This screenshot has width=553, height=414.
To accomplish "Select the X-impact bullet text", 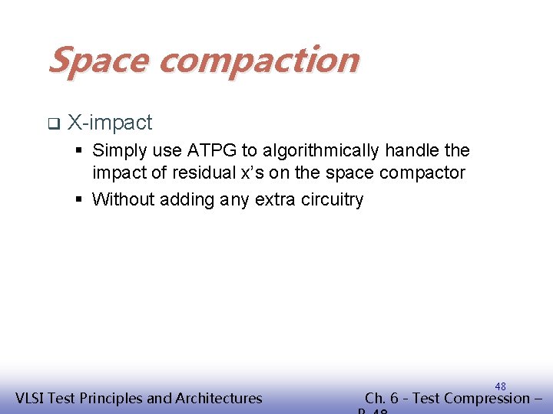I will [110, 123].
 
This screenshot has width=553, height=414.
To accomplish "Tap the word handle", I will [413, 150].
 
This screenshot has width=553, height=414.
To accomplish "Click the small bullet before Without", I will [80, 201].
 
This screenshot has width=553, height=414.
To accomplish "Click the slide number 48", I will [500, 386].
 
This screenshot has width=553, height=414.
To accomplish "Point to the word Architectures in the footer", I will [218, 398].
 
